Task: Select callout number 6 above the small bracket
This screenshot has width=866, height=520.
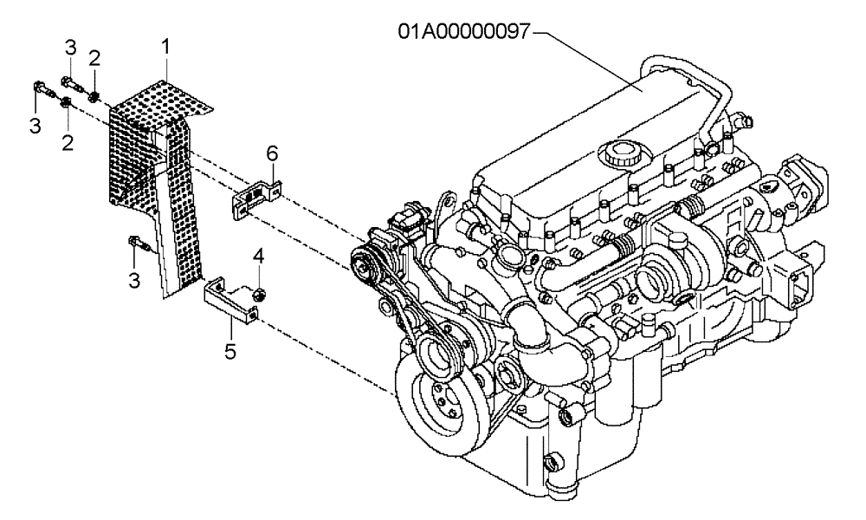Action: [x=272, y=153]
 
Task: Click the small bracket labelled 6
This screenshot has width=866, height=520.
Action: [x=253, y=195]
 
